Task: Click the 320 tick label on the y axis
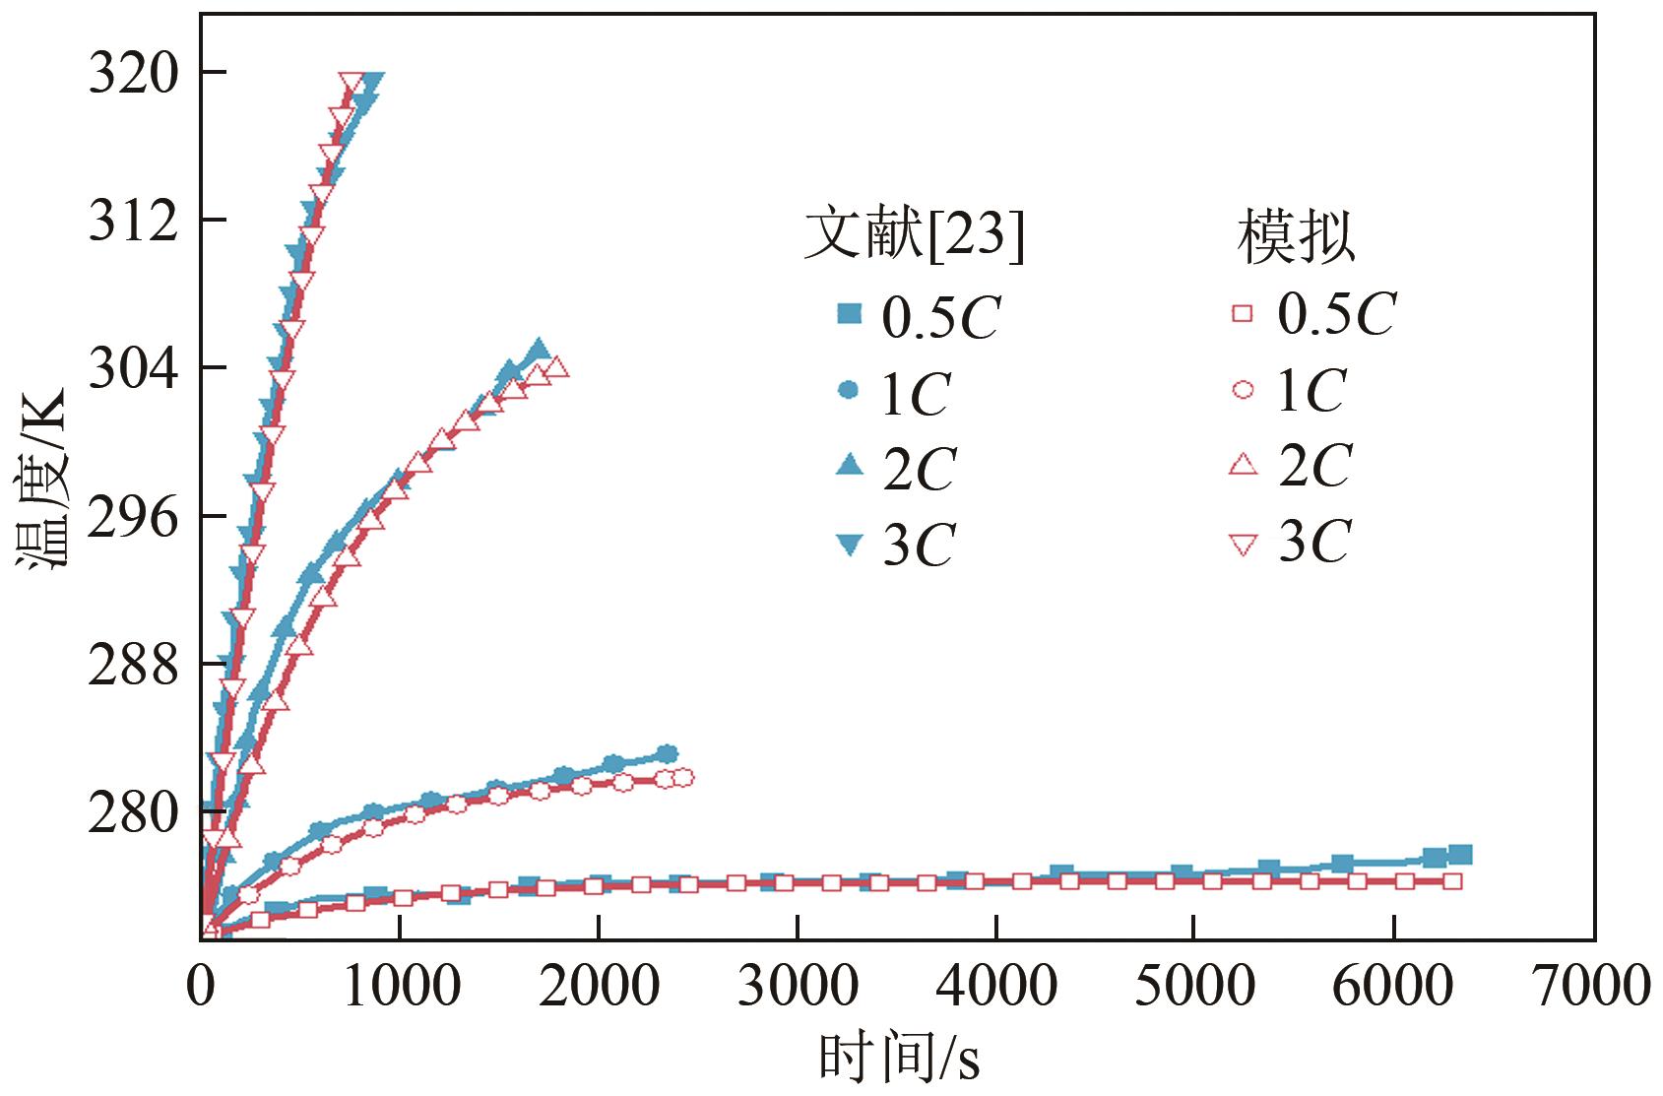tap(134, 73)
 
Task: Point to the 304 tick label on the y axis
tap(134, 368)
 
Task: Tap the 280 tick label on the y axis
tap(134, 811)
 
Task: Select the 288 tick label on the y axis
tap(134, 664)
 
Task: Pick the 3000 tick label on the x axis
tap(798, 987)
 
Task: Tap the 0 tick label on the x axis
tap(201, 987)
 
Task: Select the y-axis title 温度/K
tap(41, 479)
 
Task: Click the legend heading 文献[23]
tap(914, 236)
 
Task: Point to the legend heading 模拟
tap(1296, 236)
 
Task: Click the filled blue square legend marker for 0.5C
tap(848, 314)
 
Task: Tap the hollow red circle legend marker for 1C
tap(1244, 390)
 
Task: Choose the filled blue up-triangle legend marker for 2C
tap(848, 465)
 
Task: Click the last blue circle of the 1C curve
tap(668, 754)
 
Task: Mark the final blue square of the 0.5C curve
tap(1461, 854)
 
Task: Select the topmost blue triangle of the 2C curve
tap(538, 351)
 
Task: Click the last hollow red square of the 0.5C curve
tap(1451, 881)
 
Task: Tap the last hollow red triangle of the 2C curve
tap(556, 367)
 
